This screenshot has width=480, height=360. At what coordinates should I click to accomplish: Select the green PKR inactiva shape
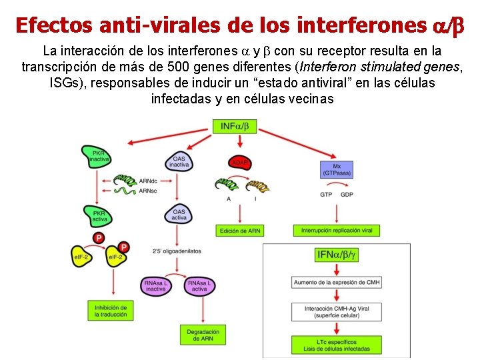[x=97, y=157]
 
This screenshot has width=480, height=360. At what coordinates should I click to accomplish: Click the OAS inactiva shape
[x=178, y=161]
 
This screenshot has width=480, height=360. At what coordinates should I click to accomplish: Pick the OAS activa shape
[x=179, y=214]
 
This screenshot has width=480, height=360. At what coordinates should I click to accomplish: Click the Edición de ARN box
[x=239, y=231]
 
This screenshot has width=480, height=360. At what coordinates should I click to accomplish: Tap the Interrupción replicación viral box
[x=337, y=231]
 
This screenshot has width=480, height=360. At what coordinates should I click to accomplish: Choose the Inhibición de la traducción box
[x=110, y=310]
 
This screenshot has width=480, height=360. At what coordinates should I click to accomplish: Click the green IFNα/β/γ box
[x=336, y=255]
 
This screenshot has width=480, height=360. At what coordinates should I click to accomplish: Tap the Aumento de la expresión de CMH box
[x=336, y=283]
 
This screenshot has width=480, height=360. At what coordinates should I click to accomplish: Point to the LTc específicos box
[x=336, y=345]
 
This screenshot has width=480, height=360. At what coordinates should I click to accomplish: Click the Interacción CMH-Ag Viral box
[x=336, y=312]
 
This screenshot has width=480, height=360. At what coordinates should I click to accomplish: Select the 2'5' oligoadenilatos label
[x=177, y=251]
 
